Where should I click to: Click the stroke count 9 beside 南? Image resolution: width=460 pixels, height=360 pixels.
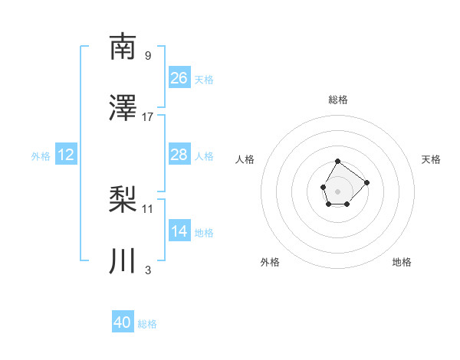(x=148, y=55)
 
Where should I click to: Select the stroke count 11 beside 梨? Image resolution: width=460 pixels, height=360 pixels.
(x=148, y=208)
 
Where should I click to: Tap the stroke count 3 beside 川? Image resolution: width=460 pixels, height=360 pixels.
(x=148, y=270)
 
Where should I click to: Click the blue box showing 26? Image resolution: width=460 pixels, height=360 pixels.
(x=179, y=78)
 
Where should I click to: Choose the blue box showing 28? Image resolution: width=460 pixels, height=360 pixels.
(x=179, y=155)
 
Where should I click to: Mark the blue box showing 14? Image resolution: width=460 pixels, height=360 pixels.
(x=179, y=231)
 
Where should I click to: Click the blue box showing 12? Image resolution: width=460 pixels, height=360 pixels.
(x=66, y=155)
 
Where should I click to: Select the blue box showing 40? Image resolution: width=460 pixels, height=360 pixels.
(x=123, y=322)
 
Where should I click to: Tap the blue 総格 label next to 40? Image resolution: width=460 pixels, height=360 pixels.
(x=147, y=324)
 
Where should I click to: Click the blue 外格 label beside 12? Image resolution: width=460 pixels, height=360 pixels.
(x=41, y=156)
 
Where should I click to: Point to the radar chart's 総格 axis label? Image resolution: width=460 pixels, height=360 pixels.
(x=338, y=100)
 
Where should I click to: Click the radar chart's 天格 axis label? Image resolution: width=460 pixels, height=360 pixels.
(x=432, y=159)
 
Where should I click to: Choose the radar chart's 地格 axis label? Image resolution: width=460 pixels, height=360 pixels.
(x=402, y=262)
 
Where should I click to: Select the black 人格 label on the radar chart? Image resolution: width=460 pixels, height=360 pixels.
(x=245, y=159)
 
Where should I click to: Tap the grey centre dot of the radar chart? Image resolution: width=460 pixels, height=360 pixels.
(x=337, y=190)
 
